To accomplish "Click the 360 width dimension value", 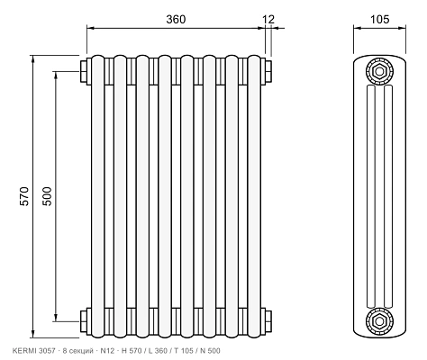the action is click(x=176, y=19).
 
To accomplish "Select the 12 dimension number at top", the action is click(x=268, y=20).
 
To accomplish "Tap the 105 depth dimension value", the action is click(x=379, y=19).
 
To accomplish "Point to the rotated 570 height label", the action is click(x=24, y=196).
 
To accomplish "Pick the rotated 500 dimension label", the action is click(x=47, y=196).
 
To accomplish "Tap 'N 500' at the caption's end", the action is click(x=210, y=350).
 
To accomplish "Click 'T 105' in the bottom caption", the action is click(x=183, y=350).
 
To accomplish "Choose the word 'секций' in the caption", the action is click(x=80, y=351).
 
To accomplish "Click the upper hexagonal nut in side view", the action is click(x=379, y=71).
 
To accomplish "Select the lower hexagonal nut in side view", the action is click(x=379, y=321).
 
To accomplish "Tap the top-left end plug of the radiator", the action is click(x=84, y=71).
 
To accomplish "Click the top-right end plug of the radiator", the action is click(x=268, y=71).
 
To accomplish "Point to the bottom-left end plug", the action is click(x=84, y=321).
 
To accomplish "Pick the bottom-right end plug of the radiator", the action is click(x=268, y=321).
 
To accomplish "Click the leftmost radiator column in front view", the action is click(x=98, y=196).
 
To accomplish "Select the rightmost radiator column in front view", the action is click(x=254, y=196).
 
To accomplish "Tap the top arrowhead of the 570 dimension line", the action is click(x=33, y=59).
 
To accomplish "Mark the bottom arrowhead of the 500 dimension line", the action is click(x=56, y=318).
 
